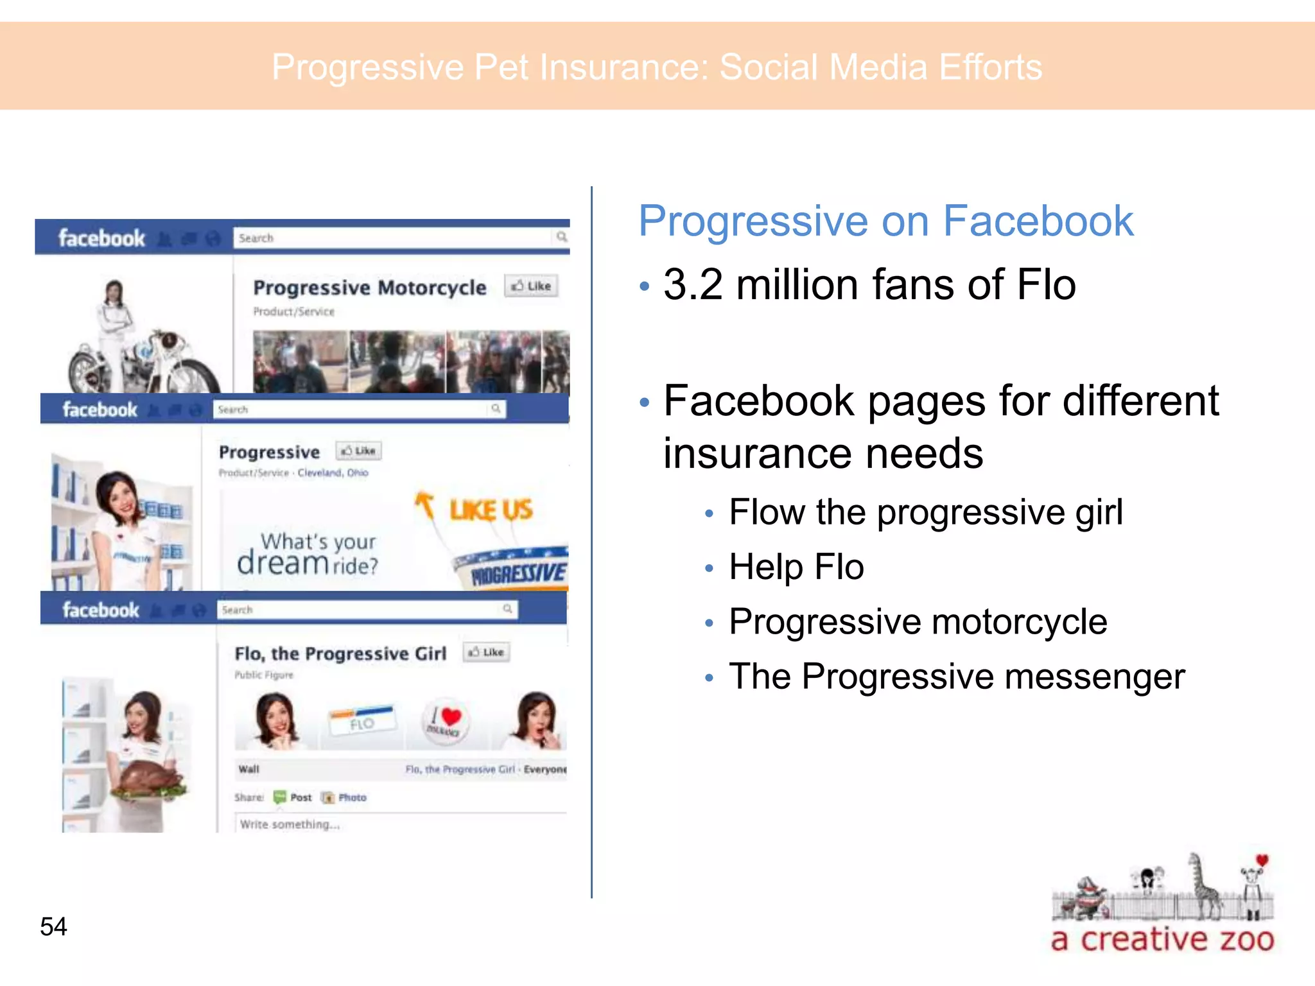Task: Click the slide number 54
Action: (x=53, y=926)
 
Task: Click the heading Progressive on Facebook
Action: (x=885, y=221)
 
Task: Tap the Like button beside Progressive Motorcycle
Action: (x=532, y=286)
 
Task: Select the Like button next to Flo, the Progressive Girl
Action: (x=487, y=652)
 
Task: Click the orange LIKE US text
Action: (x=491, y=510)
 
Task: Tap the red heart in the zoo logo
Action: (x=1262, y=860)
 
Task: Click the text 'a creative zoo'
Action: (x=1162, y=940)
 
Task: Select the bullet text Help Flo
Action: (x=796, y=567)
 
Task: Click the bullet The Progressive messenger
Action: (x=957, y=677)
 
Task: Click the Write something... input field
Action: (x=398, y=824)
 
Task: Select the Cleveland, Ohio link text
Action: (x=333, y=472)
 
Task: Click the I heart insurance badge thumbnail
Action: (x=445, y=722)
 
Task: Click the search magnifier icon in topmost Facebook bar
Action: (x=562, y=237)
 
